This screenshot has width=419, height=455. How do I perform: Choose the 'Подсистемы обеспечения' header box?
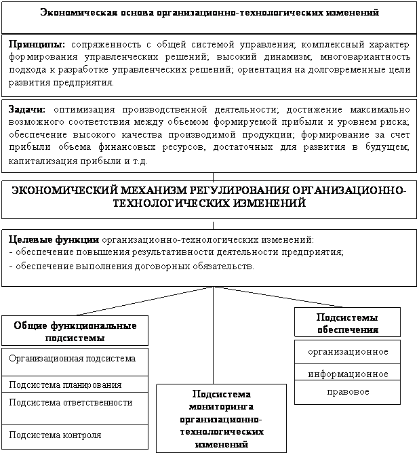347,323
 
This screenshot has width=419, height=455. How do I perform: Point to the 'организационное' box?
347,351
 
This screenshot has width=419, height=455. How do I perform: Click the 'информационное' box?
347,374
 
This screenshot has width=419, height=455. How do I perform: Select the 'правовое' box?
347,391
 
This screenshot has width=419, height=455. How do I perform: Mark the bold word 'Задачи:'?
27,108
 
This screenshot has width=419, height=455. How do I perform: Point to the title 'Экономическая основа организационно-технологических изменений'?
209,13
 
